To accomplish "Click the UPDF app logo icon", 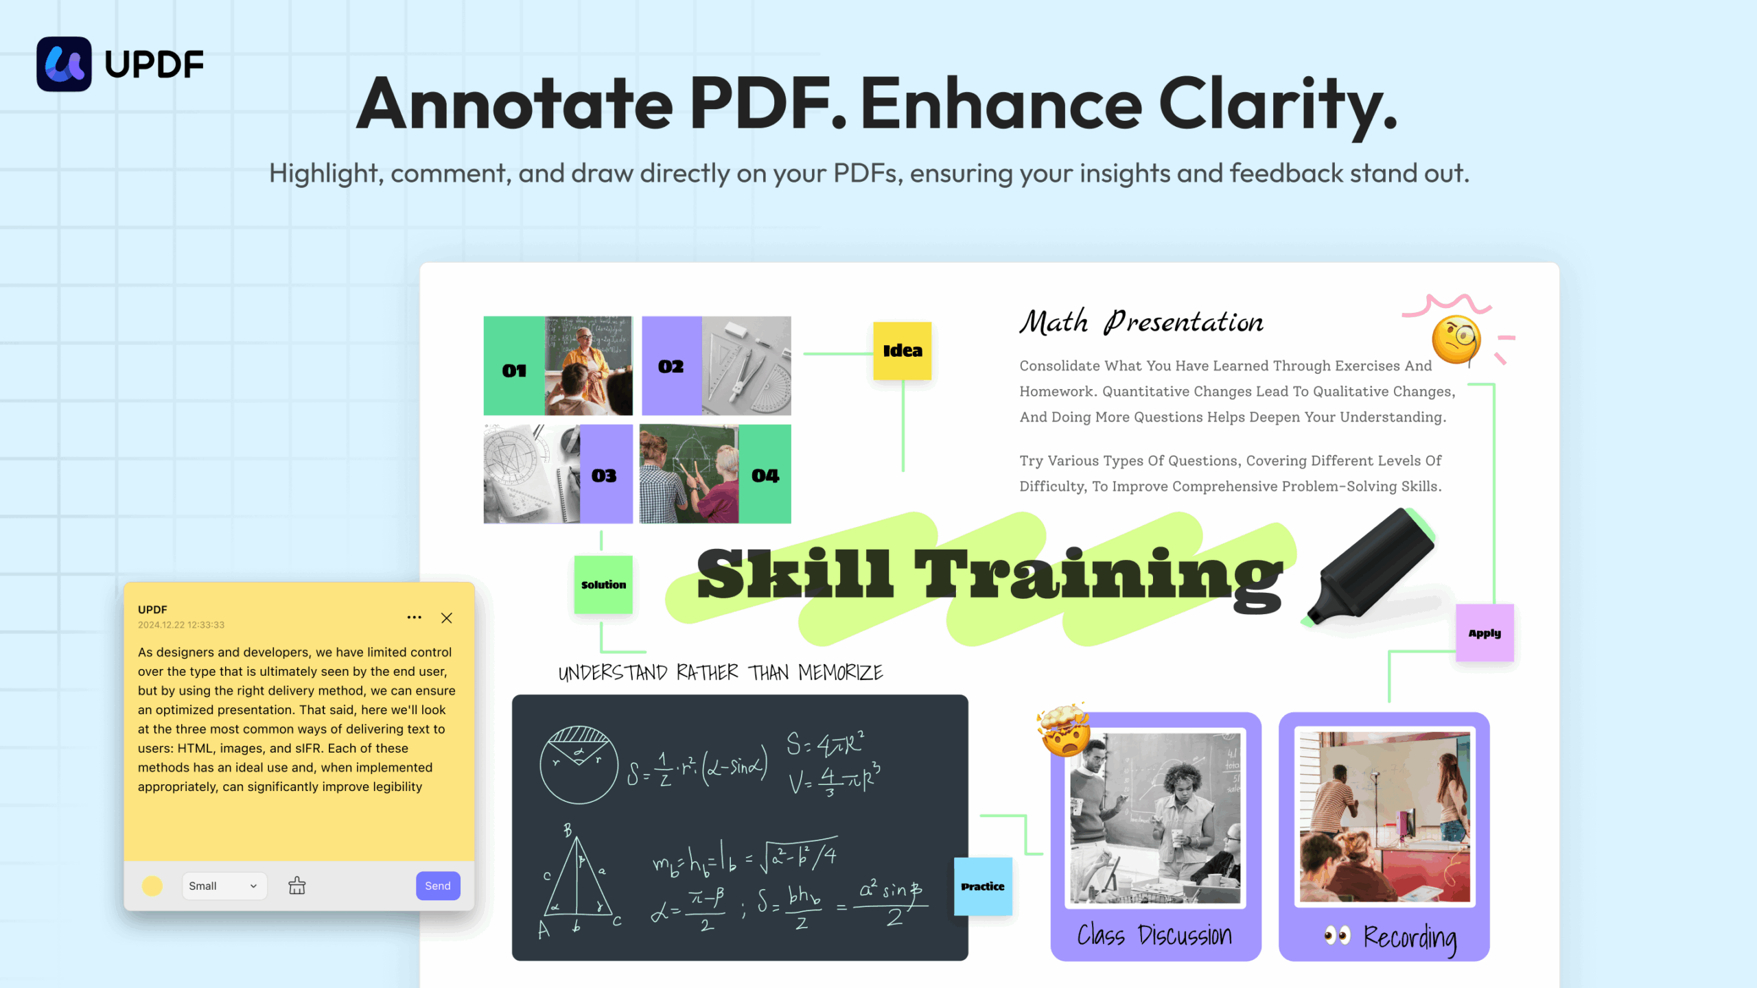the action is pyautogui.click(x=64, y=64).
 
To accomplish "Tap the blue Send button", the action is pyautogui.click(x=438, y=886).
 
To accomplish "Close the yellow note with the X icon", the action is pyautogui.click(x=447, y=618).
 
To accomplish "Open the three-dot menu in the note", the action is pyautogui.click(x=415, y=617).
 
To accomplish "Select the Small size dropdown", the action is pyautogui.click(x=224, y=886).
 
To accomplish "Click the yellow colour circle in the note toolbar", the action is pyautogui.click(x=152, y=886).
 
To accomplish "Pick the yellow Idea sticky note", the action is pyautogui.click(x=903, y=351).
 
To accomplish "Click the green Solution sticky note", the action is pyautogui.click(x=603, y=585).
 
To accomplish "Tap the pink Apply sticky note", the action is pyautogui.click(x=1485, y=633).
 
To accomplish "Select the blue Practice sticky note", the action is pyautogui.click(x=983, y=886).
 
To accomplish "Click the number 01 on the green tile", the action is pyautogui.click(x=514, y=371).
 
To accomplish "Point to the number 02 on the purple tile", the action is pyautogui.click(x=671, y=367).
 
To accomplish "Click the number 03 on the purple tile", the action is pyautogui.click(x=604, y=476).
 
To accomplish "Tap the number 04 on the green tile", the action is pyautogui.click(x=765, y=476).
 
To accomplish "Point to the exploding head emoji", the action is pyautogui.click(x=1064, y=730).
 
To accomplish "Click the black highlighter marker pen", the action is pyautogui.click(x=1370, y=567).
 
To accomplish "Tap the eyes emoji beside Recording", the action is pyautogui.click(x=1337, y=935).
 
